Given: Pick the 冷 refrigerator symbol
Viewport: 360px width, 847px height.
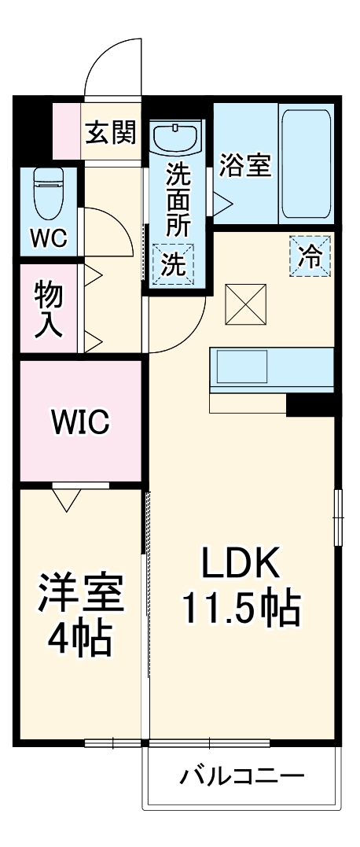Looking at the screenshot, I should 311,256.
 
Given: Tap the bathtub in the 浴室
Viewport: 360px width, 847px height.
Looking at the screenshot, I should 307,165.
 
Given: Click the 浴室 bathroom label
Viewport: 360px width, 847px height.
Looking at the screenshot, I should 245,167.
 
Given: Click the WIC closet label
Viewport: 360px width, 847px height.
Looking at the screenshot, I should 80,422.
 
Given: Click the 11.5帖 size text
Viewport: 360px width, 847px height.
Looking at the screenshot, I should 241,608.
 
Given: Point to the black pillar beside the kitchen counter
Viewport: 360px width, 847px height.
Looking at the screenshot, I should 311,405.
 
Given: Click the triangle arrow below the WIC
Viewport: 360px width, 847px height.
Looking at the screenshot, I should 68,499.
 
